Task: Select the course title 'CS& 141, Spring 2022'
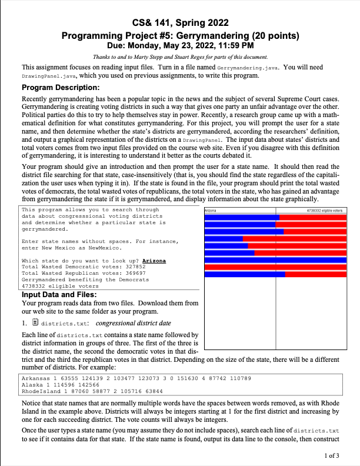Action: [180, 23]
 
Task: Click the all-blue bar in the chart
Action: [275, 259]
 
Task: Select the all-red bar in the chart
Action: [275, 267]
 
